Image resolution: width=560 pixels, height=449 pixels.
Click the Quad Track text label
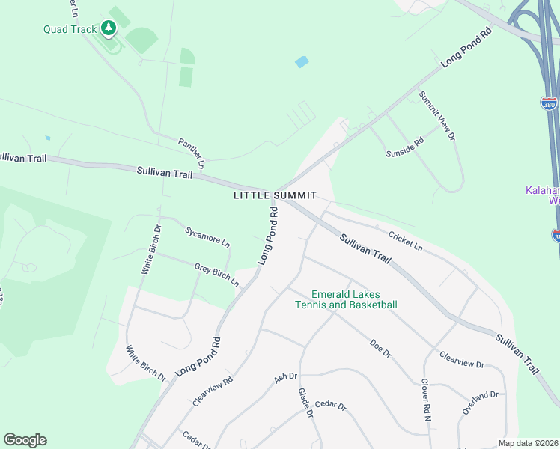pos(70,30)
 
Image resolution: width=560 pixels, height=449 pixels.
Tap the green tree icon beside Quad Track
pos(109,28)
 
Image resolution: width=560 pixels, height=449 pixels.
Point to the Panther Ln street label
pos(192,152)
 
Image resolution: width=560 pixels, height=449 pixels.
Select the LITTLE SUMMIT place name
pos(280,195)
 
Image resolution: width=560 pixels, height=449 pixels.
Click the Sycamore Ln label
pos(208,236)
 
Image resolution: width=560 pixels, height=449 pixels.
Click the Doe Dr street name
pos(380,349)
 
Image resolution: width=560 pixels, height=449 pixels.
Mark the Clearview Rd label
pos(213,391)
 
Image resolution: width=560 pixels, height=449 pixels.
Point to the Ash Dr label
pos(286,379)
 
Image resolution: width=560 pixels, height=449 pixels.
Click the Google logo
pos(25,440)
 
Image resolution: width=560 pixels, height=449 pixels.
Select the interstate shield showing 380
pos(550,104)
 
